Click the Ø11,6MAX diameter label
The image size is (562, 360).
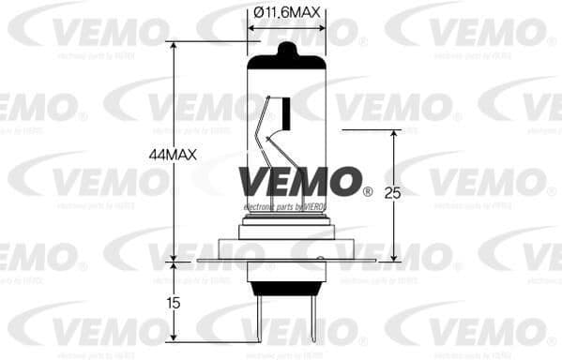[287, 12]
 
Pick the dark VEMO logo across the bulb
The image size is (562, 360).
[298, 181]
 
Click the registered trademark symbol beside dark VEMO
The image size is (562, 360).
[367, 192]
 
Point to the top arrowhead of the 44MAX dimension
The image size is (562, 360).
[175, 46]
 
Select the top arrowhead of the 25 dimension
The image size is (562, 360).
[393, 134]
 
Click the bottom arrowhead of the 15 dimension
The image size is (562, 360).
[175, 353]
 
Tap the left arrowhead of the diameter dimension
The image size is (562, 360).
[251, 27]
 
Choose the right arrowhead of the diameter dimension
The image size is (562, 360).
[322, 27]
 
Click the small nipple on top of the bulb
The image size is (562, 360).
[287, 46]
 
